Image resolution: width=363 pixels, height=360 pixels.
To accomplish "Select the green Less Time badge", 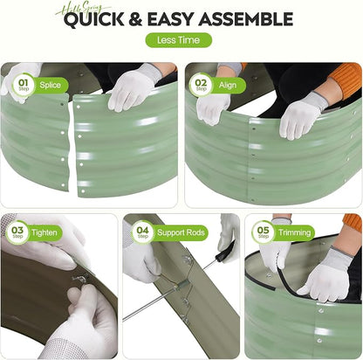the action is [178, 40].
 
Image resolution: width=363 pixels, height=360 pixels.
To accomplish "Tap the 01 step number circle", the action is [24, 85].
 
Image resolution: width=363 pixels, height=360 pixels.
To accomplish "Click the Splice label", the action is [51, 85].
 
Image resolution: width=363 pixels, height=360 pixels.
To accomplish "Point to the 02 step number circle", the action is [201, 85].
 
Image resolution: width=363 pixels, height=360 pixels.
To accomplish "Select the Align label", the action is [228, 85].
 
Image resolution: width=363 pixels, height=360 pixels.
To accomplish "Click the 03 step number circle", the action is [17, 232].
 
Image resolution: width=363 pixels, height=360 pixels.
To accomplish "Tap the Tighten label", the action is [45, 232].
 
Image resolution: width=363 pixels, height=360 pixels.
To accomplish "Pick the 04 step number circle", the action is [142, 232].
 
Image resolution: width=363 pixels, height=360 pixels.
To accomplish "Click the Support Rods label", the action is [181, 232].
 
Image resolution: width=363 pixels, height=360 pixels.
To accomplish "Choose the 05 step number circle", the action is [264, 232].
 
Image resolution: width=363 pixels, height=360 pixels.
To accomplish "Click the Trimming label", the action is [295, 232].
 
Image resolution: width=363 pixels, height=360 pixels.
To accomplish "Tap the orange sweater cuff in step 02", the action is [346, 77].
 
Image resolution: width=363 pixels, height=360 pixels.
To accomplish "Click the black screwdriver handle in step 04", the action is [225, 251].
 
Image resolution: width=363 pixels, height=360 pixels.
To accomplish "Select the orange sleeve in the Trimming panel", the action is [353, 222].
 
